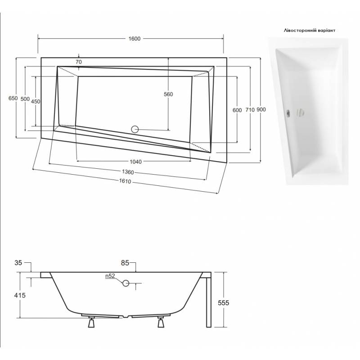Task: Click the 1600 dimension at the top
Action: tap(134, 39)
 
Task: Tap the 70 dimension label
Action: tap(78, 62)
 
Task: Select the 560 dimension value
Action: tap(168, 94)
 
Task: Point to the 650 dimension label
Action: tap(13, 98)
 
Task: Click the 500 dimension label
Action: tap(25, 99)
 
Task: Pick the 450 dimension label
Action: tap(36, 101)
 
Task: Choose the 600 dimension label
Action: tap(237, 110)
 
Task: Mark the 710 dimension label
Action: tap(250, 110)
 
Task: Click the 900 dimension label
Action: tap(261, 109)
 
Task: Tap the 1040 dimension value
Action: tap(136, 162)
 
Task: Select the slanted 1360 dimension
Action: tap(128, 172)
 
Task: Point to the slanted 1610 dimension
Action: tap(125, 181)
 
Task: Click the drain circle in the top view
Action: tap(135, 130)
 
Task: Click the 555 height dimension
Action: tap(223, 303)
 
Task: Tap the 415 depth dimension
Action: tap(20, 295)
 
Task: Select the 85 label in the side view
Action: tap(125, 263)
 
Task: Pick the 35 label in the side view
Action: tap(18, 263)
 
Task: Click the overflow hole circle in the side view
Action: tap(126, 283)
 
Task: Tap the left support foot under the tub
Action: tap(91, 322)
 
